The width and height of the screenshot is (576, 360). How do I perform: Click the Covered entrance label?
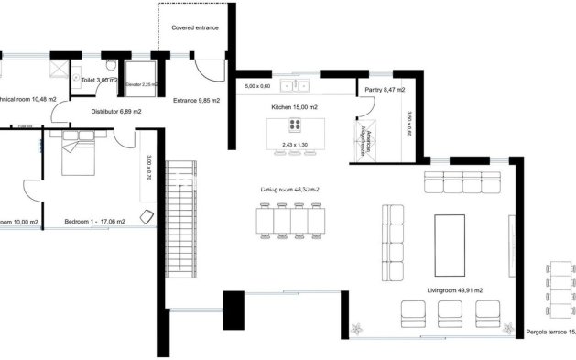pos(195,28)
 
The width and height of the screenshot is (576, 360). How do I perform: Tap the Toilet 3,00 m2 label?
pos(98,81)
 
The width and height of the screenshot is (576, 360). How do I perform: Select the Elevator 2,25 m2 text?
pos(141,85)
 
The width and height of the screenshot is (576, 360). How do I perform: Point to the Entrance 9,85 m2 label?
pos(198,102)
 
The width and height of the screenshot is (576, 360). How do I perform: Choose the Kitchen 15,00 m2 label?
pos(294,107)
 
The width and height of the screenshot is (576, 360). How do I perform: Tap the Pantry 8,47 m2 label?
pos(384,90)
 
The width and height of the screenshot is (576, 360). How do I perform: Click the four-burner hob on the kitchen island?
pos(296,125)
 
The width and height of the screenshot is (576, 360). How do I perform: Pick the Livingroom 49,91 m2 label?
pos(454,289)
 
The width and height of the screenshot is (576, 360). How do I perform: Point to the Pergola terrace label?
pos(550,332)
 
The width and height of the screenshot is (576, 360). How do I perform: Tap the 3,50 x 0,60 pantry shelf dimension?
pos(408,125)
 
